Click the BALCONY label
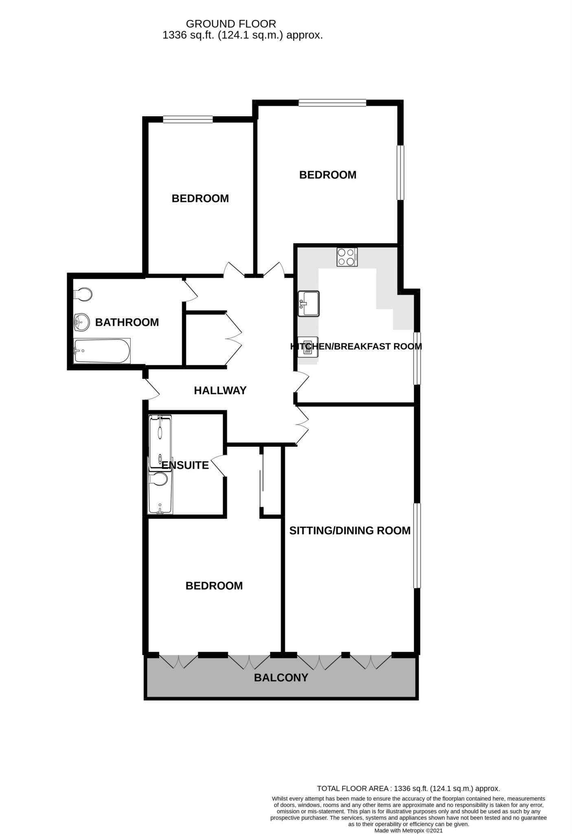281,678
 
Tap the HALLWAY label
220,391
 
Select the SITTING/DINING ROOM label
350,530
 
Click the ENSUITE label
185,465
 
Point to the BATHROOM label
127,322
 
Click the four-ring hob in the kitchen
347,257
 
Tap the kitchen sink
309,304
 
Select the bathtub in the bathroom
102,351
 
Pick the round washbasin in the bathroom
82,323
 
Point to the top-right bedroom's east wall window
401,173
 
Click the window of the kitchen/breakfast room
417,358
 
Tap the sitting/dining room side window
417,546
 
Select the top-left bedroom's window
188,119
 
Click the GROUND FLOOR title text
231,24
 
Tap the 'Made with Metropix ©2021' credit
408,830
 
